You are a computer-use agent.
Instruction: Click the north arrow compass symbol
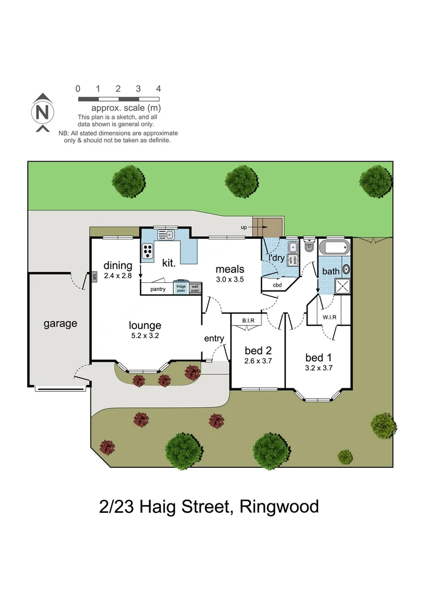click(x=42, y=113)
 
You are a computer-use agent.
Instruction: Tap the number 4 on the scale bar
click(x=159, y=89)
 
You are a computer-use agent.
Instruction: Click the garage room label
click(x=60, y=323)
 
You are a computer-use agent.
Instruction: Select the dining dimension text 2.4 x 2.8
click(x=118, y=275)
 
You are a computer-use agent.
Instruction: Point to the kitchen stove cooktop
click(x=148, y=251)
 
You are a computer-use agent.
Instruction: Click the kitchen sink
click(x=166, y=236)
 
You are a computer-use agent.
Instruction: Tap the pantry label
click(x=158, y=289)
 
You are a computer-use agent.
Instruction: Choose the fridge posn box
click(x=181, y=288)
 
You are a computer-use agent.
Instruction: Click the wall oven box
click(x=195, y=288)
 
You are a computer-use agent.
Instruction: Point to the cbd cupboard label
click(x=277, y=286)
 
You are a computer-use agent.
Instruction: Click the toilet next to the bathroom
click(x=309, y=246)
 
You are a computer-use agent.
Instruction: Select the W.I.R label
click(x=329, y=318)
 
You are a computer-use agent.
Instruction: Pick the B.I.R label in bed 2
click(x=248, y=321)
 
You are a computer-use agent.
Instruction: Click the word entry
click(x=214, y=338)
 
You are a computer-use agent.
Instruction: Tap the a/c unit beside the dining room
click(x=94, y=276)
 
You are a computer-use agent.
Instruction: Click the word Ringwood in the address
click(x=280, y=507)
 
